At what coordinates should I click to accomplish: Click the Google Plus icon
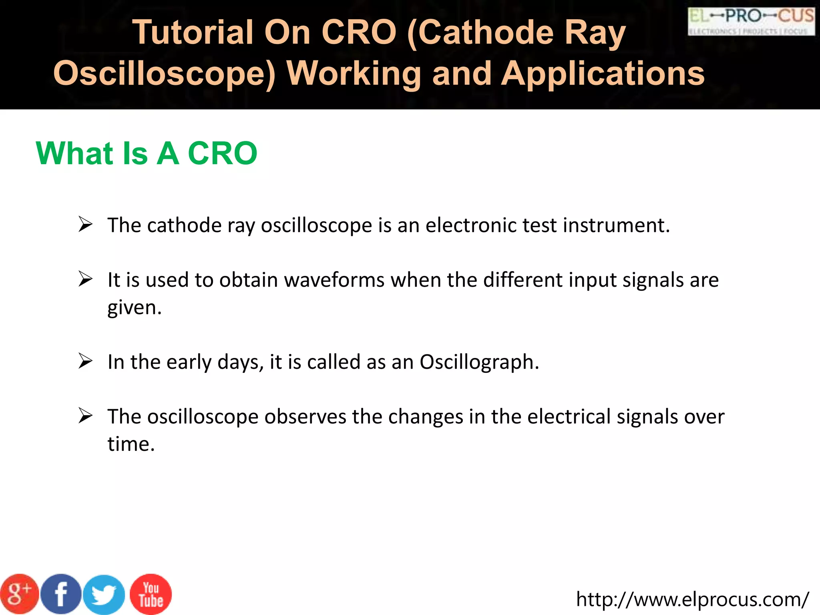19,594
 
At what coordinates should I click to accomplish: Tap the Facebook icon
61,594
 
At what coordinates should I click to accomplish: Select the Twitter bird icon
104,595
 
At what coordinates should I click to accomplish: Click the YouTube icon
151,594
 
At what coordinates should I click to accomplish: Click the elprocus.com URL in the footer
692,599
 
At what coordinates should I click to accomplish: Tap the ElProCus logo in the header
751,21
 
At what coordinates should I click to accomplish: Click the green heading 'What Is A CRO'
147,153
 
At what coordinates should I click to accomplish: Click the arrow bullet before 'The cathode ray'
85,224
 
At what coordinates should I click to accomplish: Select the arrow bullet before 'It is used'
85,279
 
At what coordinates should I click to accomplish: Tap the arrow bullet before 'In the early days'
85,361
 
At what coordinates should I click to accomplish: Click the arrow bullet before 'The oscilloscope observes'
85,416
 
